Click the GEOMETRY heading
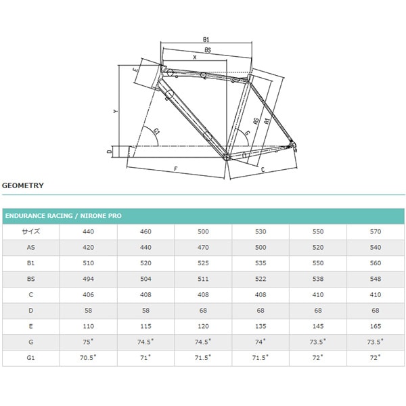(x=23, y=185)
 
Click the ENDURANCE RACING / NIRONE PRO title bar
(x=63, y=216)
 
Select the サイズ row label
(x=31, y=231)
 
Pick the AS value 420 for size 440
(x=89, y=248)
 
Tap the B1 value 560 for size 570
(x=376, y=263)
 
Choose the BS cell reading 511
(x=203, y=279)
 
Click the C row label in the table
(x=31, y=295)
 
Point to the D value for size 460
(x=145, y=311)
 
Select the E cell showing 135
(x=261, y=327)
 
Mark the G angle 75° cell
(x=89, y=342)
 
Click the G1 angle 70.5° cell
(x=89, y=358)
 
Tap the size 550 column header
(x=318, y=231)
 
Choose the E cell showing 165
(x=376, y=327)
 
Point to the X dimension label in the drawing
(x=195, y=58)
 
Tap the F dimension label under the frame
(x=175, y=166)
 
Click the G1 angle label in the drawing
(x=156, y=130)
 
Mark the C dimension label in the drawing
(x=263, y=170)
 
